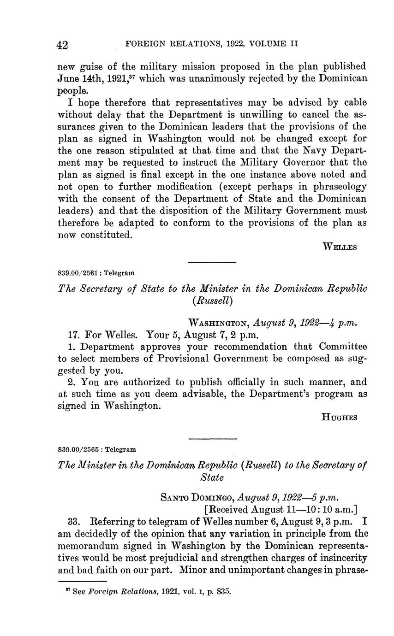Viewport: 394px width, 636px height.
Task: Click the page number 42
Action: pyautogui.click(x=62, y=45)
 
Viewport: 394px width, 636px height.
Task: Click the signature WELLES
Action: pyautogui.click(x=340, y=247)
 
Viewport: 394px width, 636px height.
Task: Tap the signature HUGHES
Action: pyautogui.click(x=339, y=418)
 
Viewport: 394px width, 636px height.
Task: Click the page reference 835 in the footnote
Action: pyautogui.click(x=223, y=591)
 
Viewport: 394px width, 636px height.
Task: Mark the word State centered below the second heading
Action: pyautogui.click(x=212, y=477)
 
